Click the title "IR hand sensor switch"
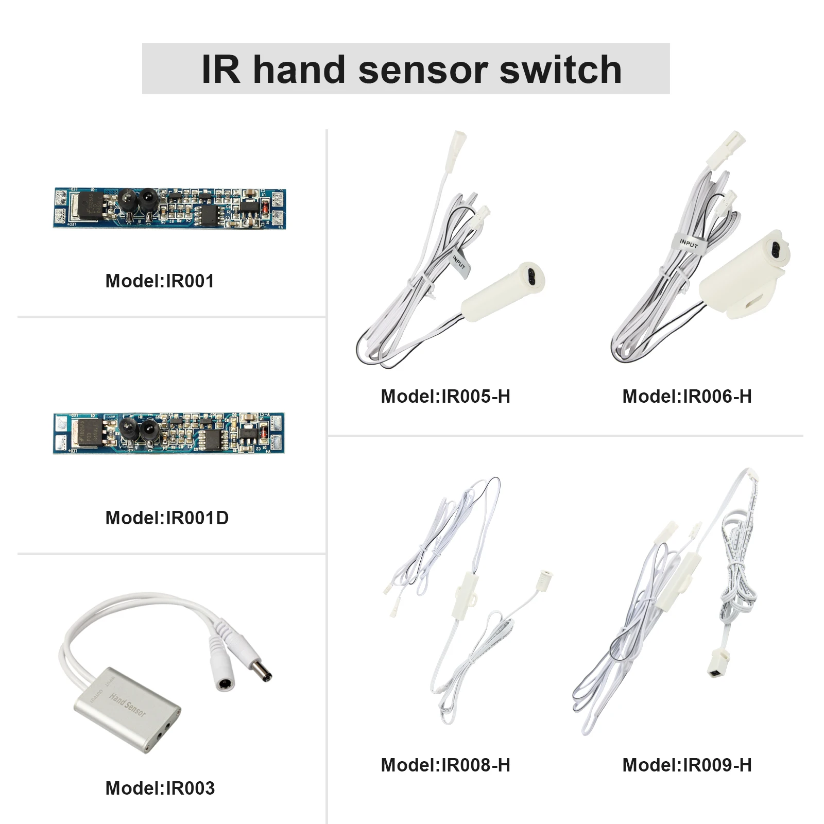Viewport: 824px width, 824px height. coord(411,70)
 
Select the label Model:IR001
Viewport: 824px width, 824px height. coord(160,281)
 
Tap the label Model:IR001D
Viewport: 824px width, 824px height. coord(167,518)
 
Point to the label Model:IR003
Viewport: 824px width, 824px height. coord(160,788)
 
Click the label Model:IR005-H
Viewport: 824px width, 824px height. coord(445,397)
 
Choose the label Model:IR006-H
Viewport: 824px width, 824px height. coord(687,397)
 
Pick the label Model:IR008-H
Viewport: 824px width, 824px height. coord(445,765)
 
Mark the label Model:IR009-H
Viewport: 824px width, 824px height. coord(687,765)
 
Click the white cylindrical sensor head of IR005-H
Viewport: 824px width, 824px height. coord(502,291)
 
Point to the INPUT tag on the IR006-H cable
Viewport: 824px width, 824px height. coord(688,243)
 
